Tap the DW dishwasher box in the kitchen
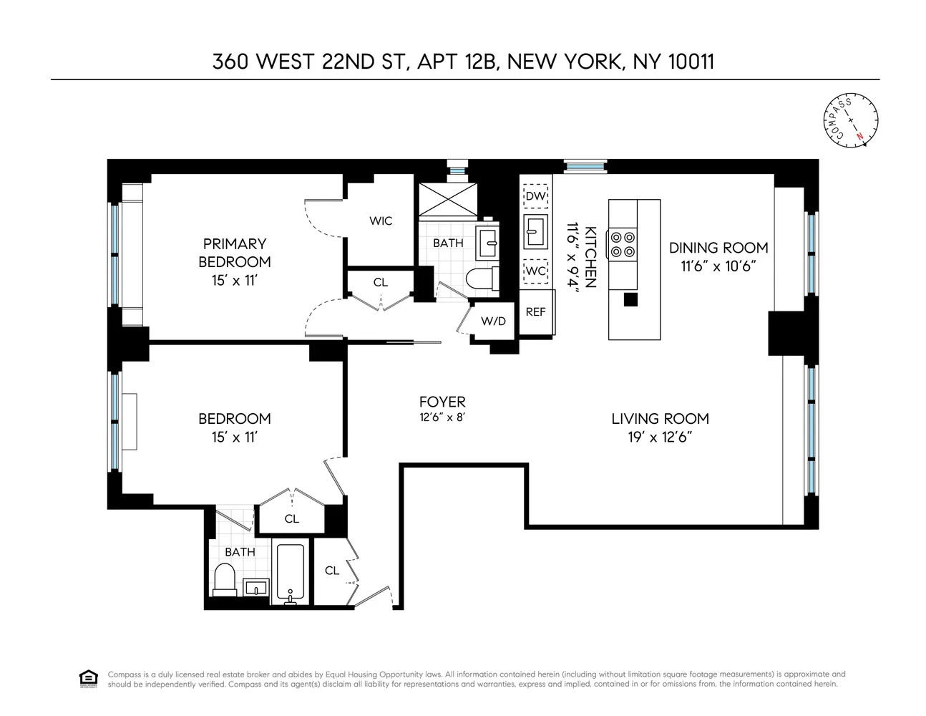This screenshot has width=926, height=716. (x=535, y=196)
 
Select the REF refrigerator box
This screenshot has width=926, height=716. (x=536, y=311)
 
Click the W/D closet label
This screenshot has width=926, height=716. (x=493, y=321)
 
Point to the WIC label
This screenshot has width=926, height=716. (x=381, y=221)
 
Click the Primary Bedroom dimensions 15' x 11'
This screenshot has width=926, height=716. (x=235, y=280)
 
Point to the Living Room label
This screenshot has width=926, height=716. (x=660, y=420)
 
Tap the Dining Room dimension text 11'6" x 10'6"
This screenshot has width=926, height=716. (x=718, y=266)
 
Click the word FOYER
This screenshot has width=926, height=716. (x=442, y=402)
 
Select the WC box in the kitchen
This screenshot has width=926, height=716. (x=535, y=272)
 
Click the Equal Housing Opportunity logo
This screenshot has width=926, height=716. (x=87, y=679)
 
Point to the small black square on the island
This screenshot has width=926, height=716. (x=630, y=300)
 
